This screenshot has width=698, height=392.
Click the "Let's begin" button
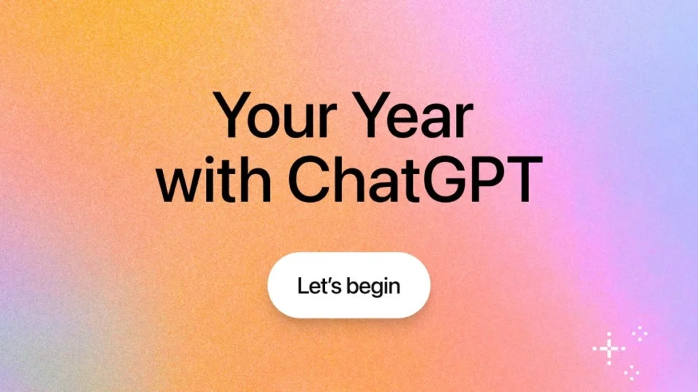tap(349, 285)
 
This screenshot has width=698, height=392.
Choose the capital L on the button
tap(303, 285)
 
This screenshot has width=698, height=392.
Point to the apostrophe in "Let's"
tap(330, 279)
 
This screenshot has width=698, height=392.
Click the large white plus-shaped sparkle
tap(609, 349)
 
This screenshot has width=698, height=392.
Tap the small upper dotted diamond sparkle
tap(639, 333)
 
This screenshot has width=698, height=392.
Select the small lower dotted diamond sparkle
tap(633, 372)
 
